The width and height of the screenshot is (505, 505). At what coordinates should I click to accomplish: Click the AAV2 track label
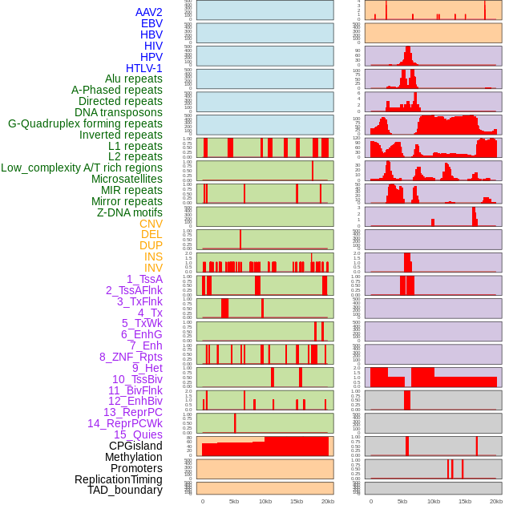click(x=149, y=12)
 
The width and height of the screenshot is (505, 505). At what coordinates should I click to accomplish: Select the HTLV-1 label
click(x=144, y=68)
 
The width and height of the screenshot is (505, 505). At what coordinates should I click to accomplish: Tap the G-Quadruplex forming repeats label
click(x=85, y=123)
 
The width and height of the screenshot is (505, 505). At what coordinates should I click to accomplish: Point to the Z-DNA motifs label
click(x=130, y=212)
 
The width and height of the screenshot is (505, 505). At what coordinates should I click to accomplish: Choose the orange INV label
click(x=153, y=268)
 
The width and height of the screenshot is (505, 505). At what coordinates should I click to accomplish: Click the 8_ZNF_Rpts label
click(x=131, y=357)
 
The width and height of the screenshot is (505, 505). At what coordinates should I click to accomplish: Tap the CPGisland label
click(x=135, y=446)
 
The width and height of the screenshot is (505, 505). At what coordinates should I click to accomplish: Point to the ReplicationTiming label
click(x=118, y=479)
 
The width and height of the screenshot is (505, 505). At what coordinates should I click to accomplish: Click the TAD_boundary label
click(x=125, y=490)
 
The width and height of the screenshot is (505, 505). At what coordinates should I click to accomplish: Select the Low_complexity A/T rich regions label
click(x=82, y=168)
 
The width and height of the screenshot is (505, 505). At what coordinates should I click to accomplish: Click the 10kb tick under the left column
click(x=265, y=501)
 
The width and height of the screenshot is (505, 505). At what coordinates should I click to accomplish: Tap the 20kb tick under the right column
click(x=496, y=501)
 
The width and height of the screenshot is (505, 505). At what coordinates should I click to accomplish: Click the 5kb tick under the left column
click(x=234, y=501)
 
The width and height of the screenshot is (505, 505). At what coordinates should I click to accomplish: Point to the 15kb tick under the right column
click(x=465, y=501)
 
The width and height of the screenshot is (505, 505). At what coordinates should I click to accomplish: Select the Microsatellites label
click(x=127, y=179)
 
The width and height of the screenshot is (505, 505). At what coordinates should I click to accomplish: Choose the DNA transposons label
click(x=119, y=112)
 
